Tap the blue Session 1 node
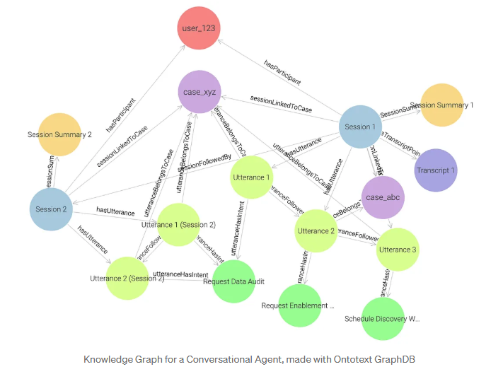click(x=359, y=127)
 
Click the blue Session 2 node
click(x=52, y=209)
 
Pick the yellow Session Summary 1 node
click(x=441, y=105)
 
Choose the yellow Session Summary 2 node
click(x=59, y=134)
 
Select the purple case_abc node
click(x=383, y=197)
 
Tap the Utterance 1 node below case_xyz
click(x=251, y=177)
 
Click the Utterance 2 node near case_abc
click(x=316, y=230)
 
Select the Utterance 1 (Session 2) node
click(x=178, y=225)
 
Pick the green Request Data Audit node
click(x=233, y=281)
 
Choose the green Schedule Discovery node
click(x=383, y=319)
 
